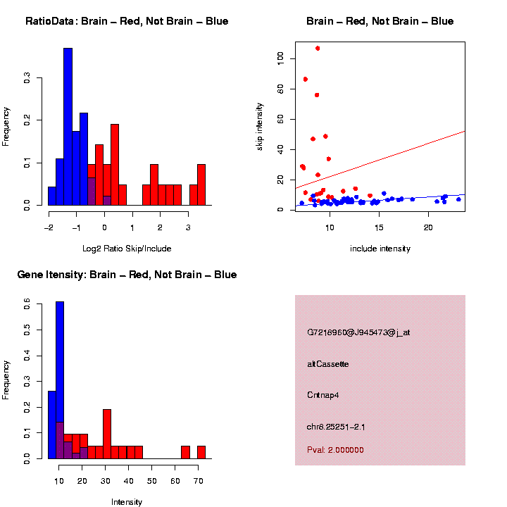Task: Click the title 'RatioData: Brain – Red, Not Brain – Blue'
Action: pos(127,21)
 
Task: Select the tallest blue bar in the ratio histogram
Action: pos(68,127)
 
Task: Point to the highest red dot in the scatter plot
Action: pos(318,49)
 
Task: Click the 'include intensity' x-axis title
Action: pos(380,249)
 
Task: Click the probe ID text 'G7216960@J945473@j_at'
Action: pos(358,332)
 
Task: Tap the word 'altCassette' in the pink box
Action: pos(328,364)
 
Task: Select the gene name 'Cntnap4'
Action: pos(323,395)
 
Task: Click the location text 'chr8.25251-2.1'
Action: pos(336,427)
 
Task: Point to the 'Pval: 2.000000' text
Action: pos(335,450)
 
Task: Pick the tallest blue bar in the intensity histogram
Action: pos(60,380)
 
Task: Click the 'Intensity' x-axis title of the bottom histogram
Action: pos(127,502)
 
